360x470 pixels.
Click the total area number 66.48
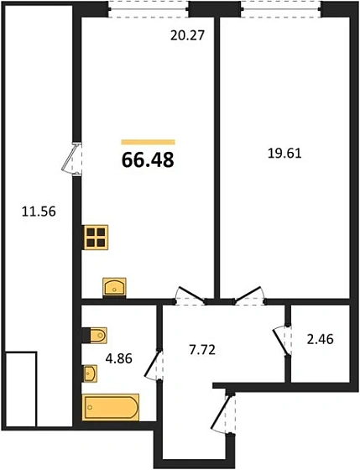tap(148, 159)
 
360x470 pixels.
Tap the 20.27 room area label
tap(187, 35)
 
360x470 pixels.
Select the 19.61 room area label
tap(284, 154)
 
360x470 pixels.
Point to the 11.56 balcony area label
tap(39, 211)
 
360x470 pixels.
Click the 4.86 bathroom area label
tap(118, 358)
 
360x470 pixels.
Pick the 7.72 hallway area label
tap(202, 349)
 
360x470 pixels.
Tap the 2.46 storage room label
tap(320, 339)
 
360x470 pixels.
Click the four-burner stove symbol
tap(96, 237)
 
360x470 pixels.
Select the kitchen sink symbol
tap(114, 287)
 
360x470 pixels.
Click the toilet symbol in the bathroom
tap(95, 335)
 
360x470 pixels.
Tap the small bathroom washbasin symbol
tap(90, 373)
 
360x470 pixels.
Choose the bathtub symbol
tap(111, 407)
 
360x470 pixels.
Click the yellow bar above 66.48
tap(148, 142)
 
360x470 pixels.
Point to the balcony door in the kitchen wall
tap(71, 159)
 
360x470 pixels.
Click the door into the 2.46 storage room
tap(282, 341)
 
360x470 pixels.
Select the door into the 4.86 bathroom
tap(154, 365)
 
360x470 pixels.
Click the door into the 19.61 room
tap(249, 295)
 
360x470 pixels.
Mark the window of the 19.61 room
tap(281, 9)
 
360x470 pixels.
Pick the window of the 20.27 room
tap(149, 9)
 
